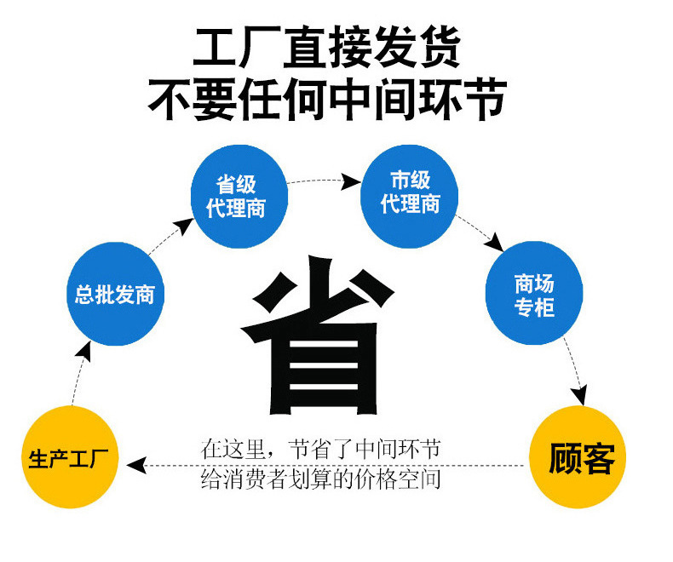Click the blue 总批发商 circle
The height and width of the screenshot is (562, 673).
[114, 295]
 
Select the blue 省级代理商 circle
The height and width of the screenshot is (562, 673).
[238, 196]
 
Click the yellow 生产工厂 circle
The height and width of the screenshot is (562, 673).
[68, 456]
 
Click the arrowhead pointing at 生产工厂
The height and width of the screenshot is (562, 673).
[134, 465]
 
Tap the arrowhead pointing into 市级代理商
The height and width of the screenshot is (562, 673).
[350, 181]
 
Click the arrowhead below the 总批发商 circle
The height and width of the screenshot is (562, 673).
[87, 348]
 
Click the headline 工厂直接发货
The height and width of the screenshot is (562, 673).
[327, 49]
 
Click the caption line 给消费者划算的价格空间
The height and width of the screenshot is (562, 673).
[320, 479]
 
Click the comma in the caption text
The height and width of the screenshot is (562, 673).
[273, 451]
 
